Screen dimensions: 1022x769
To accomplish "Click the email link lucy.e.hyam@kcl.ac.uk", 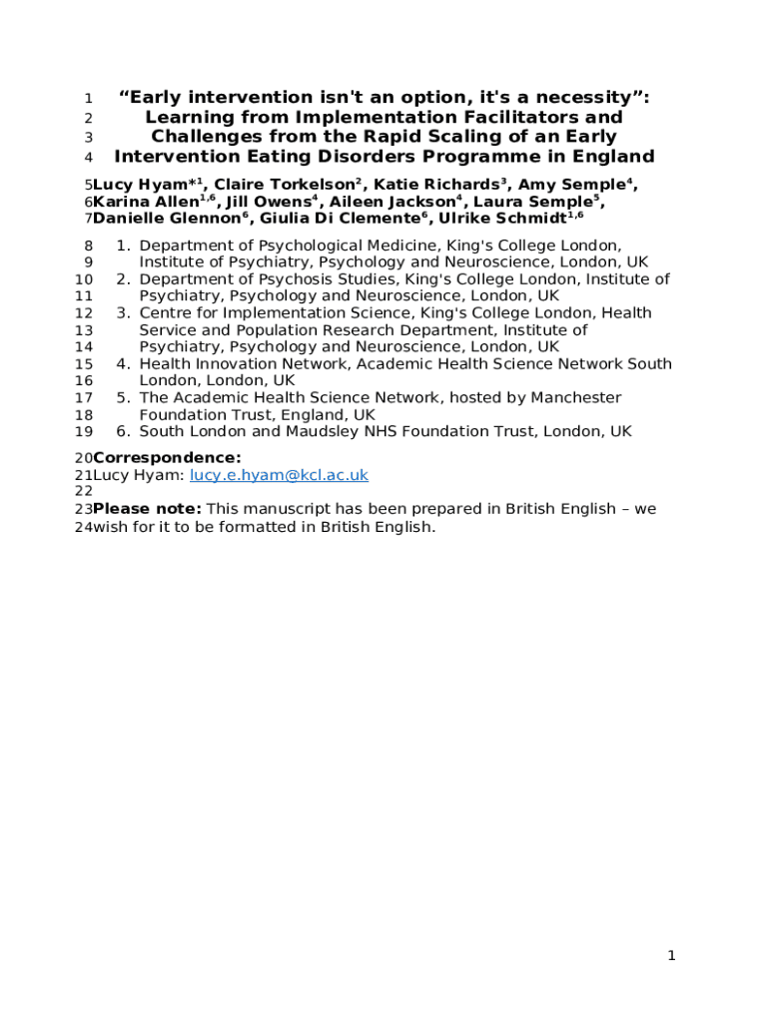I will [280, 475].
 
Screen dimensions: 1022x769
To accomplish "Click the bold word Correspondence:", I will [167, 457].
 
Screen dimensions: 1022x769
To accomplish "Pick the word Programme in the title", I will [502, 156].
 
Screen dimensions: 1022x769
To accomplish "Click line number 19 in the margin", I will [84, 432].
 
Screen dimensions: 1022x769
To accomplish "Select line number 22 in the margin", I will [84, 491].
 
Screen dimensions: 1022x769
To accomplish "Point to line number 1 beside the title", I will [88, 99].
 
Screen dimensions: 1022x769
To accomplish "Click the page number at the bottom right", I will [672, 956].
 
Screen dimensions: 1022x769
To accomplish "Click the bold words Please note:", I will [147, 509].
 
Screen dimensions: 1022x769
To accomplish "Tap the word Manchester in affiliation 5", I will [575, 398].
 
